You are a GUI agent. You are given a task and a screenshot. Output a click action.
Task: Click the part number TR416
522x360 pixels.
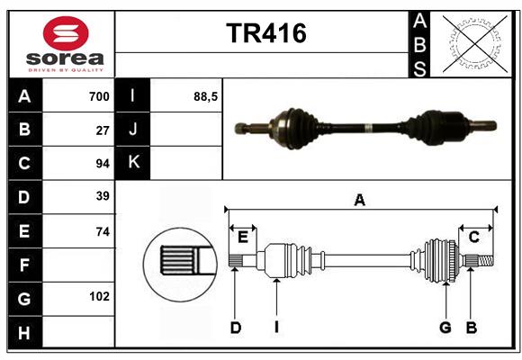click(x=265, y=33)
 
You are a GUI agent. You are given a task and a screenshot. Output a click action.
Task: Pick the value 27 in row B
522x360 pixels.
click(x=103, y=130)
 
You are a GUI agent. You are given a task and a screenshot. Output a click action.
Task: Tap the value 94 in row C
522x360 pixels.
click(x=103, y=164)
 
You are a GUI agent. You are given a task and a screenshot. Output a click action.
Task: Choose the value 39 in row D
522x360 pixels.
click(x=103, y=196)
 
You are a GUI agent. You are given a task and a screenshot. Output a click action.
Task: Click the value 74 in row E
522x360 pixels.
click(x=103, y=231)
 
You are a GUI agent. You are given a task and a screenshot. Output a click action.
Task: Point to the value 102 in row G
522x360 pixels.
click(x=99, y=296)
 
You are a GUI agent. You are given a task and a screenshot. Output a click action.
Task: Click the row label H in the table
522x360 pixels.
click(x=24, y=332)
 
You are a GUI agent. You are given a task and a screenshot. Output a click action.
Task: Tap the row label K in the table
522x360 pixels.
click(x=133, y=163)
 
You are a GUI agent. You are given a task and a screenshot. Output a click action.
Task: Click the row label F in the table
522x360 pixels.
click(x=24, y=265)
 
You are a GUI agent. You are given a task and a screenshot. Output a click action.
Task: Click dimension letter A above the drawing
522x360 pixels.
click(x=360, y=200)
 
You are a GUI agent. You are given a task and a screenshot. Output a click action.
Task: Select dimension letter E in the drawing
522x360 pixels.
click(x=243, y=237)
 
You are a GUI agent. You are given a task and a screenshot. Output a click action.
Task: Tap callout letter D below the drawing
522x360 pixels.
click(x=235, y=328)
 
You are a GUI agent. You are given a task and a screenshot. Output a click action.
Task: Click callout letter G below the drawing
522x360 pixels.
click(x=445, y=328)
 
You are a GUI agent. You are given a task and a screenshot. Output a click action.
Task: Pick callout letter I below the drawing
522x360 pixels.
click(x=276, y=328)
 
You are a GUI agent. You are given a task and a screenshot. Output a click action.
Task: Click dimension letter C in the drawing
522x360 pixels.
click(x=473, y=237)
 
